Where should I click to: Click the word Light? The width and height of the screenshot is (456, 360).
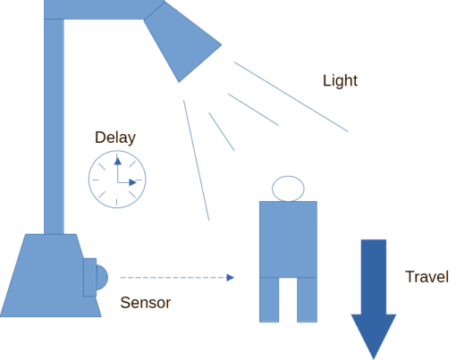340,80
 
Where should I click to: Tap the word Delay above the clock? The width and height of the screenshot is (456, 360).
115,138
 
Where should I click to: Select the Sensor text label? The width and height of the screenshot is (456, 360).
146,303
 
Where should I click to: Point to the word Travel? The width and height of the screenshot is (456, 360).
426,277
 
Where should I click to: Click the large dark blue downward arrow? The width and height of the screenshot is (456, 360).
374,297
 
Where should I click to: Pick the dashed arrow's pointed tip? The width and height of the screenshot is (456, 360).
234,278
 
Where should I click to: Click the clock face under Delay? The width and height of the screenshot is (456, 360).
117,180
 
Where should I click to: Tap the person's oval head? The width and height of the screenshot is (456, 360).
288,188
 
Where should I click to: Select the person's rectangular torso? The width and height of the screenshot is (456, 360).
288,239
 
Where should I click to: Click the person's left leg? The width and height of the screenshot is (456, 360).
269,299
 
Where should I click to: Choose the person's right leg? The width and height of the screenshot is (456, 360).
307,299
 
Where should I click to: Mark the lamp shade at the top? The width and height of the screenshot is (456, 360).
182,42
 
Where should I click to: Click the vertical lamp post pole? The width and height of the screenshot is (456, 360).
54,127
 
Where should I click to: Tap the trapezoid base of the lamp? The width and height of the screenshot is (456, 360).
51,275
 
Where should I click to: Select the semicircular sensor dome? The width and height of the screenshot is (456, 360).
102,278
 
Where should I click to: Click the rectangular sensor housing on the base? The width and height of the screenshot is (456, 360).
89,277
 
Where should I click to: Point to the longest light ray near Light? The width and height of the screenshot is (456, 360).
291,96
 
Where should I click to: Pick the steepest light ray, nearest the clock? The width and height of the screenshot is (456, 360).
196,160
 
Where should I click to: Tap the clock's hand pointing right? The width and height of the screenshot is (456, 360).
127,182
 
